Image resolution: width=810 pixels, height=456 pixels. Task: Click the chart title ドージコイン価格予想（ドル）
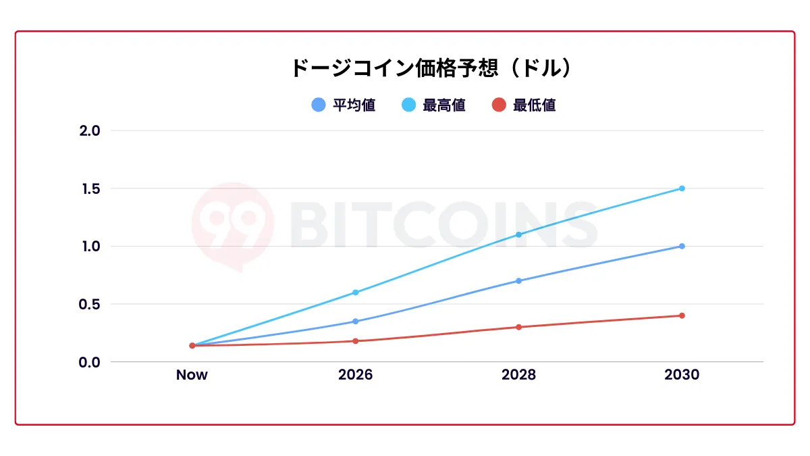432,68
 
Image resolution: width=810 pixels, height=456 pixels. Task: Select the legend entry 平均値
343,105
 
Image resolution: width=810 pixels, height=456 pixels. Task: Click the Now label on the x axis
192,375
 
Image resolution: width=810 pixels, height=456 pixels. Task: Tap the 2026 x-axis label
355,375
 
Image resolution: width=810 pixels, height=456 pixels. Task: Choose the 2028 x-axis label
518,375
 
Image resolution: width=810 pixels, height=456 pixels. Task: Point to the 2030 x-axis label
682,375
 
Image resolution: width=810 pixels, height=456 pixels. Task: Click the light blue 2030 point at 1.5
682,188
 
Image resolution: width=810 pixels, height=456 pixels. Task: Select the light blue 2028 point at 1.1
518,234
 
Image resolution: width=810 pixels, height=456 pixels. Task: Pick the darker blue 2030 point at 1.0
682,246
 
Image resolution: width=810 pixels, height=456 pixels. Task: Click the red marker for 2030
682,315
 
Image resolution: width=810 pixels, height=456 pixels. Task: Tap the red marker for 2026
355,341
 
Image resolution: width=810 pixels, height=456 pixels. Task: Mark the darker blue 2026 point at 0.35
355,322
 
